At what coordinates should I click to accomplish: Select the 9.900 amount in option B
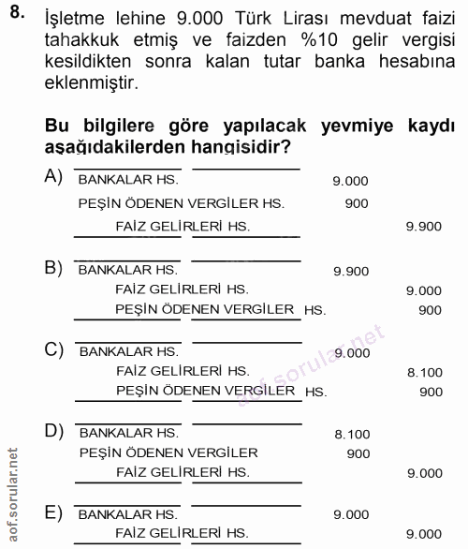tap(351, 271)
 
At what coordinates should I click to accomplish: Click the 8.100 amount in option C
tap(424, 372)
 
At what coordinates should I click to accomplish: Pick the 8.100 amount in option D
tap(351, 434)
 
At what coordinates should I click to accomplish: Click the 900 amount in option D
tap(358, 453)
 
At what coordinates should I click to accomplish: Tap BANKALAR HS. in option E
tap(128, 514)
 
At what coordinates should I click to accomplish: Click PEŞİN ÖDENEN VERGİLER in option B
tap(205, 309)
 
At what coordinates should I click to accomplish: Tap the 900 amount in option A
tap(357, 203)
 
